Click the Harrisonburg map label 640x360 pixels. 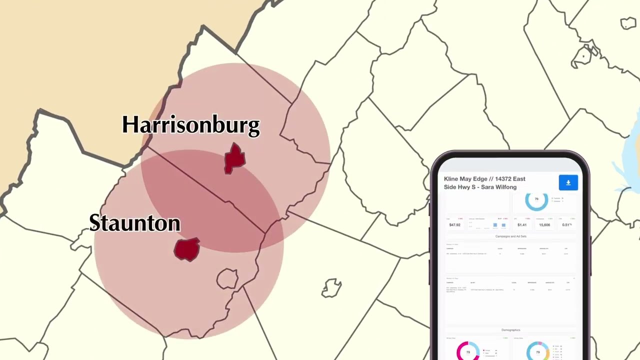(191, 125)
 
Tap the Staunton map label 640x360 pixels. (134, 223)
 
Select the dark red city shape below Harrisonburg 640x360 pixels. (234, 158)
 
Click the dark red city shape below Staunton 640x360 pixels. (187, 249)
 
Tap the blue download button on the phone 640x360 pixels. (568, 182)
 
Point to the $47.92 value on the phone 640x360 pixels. (454, 225)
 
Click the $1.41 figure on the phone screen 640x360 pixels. (522, 225)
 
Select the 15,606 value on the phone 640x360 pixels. (544, 225)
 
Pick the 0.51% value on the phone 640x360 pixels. (566, 225)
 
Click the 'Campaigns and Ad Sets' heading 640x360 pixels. (510, 236)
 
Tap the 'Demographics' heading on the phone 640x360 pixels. (510, 330)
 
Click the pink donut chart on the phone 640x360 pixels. (468, 351)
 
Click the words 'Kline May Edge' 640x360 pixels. (464, 179)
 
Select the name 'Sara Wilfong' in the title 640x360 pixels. (498, 187)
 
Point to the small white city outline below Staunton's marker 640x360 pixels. (227, 278)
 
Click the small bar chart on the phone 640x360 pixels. (499, 225)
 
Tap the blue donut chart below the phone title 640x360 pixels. (536, 200)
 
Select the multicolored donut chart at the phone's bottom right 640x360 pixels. (537, 351)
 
